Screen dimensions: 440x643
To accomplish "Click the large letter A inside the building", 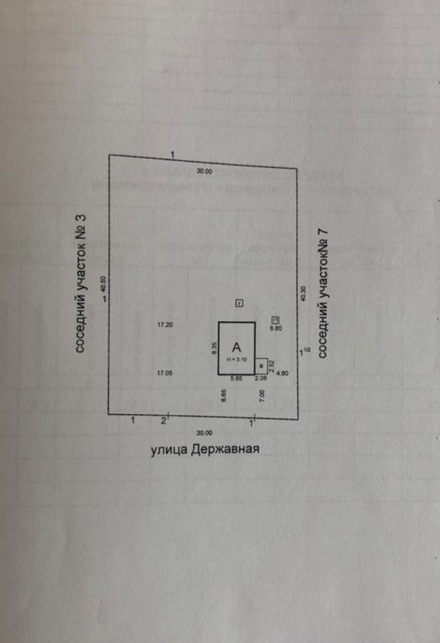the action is (236, 346).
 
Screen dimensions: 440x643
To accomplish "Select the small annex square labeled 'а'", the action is (261, 366).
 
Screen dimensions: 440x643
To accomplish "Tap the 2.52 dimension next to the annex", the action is (272, 366).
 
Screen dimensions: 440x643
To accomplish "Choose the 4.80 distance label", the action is (282, 373).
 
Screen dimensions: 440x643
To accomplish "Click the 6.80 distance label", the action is (276, 328).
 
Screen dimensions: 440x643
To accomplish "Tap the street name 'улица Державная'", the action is (205, 450).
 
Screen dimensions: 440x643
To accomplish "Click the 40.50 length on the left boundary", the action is (103, 284).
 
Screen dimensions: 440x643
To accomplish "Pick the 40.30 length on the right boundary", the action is (303, 293).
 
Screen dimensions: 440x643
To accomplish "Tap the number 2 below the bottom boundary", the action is (163, 420).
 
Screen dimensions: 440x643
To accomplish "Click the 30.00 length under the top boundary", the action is (204, 171).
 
